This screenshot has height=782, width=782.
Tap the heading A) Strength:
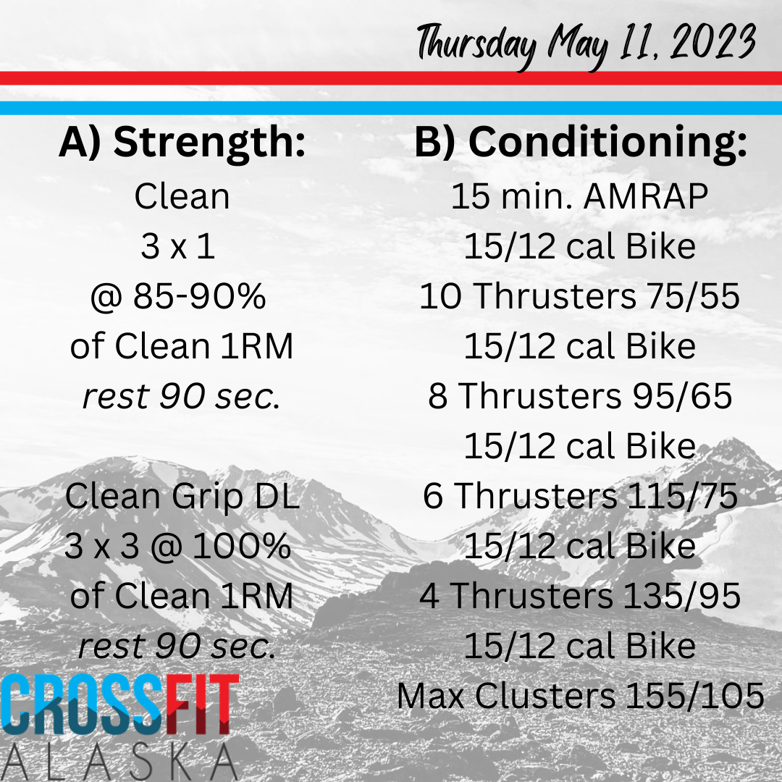[182, 143]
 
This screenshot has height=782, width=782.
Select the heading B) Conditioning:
[581, 143]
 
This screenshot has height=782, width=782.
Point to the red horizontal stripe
[391, 78]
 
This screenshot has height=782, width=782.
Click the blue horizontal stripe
[391, 108]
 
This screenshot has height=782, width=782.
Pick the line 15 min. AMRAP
[579, 196]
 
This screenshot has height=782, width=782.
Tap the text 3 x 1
[178, 246]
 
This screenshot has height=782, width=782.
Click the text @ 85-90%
[178, 296]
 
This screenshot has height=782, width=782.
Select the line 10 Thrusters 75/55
[579, 296]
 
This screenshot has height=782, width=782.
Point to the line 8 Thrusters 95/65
[580, 396]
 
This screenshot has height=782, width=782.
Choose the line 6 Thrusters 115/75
[580, 496]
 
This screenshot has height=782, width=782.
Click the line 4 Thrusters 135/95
[579, 595]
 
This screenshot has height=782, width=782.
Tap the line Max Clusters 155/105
[581, 695]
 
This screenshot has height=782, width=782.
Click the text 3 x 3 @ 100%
[177, 546]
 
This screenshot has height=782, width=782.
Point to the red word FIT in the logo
[202, 705]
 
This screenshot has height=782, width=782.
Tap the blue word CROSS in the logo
[83, 705]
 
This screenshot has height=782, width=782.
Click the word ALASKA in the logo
[119, 762]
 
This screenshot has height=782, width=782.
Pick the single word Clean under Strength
[182, 196]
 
